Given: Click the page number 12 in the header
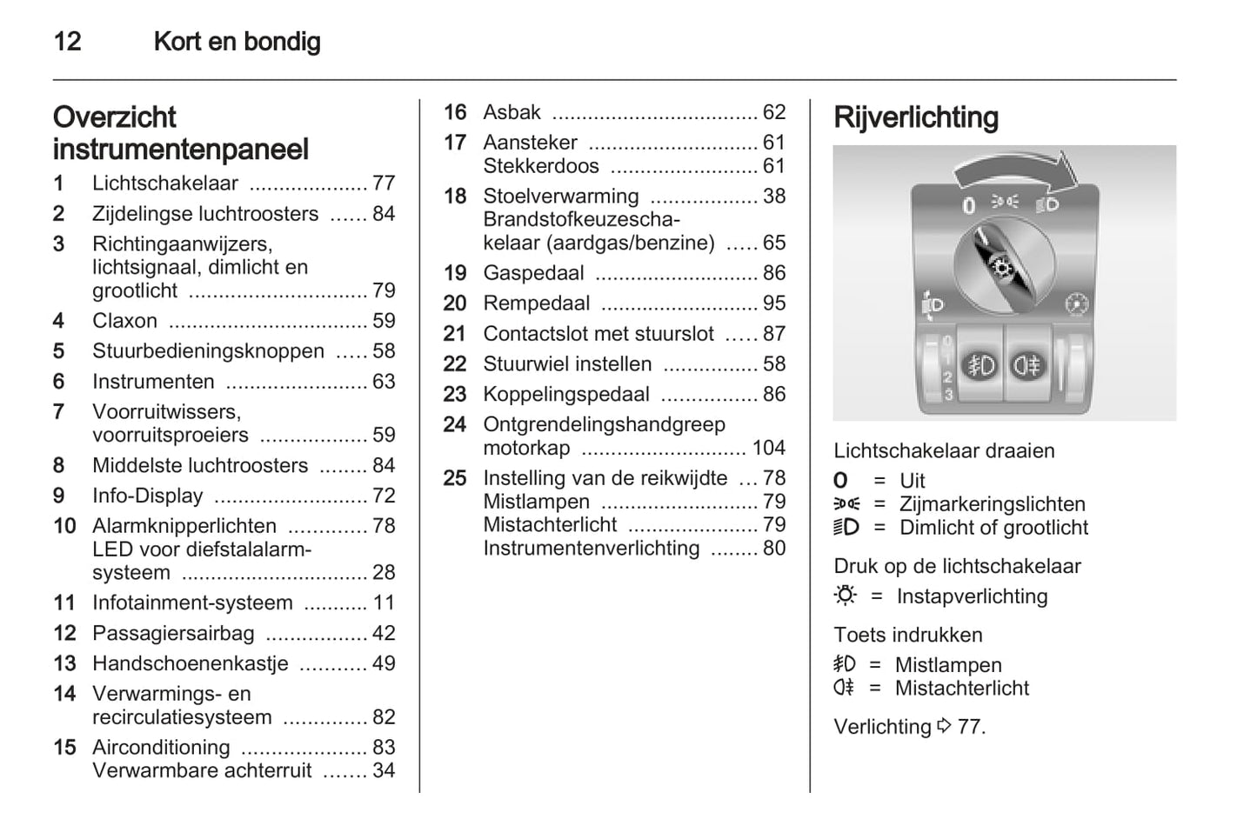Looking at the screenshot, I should point(67,41).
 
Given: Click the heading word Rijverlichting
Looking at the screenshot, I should point(915,117).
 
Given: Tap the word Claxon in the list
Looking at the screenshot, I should point(124,321).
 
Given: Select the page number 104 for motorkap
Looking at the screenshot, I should point(768,448).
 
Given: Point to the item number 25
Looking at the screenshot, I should point(455,478).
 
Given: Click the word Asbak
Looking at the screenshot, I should point(511,112).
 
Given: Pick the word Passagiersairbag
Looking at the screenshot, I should point(173,633).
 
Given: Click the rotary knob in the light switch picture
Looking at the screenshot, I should point(1003,265).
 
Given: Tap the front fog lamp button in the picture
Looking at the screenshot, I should point(981,365).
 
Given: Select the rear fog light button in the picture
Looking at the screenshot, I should point(1026,365).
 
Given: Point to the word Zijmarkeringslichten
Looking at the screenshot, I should point(992,504).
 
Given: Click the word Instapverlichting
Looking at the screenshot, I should point(972,596).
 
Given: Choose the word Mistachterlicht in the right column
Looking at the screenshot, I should point(961,689).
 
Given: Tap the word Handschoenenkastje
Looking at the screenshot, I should point(190,663).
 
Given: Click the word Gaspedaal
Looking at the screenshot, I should point(533,273).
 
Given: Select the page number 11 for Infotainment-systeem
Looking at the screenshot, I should point(384,603).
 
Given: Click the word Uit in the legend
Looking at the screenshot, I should point(912,481).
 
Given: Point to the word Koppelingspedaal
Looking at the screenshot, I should point(565,395).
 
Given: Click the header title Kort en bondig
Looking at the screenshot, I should point(237,41).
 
